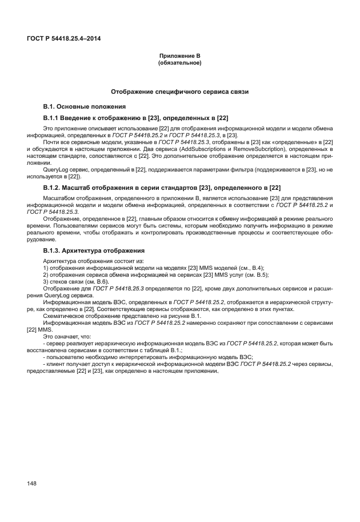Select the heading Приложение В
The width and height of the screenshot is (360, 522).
coord(179,55)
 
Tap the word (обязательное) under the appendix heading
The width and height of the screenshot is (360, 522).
coord(179,62)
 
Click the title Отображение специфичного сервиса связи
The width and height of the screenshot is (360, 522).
coord(179,91)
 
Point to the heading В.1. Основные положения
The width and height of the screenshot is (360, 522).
coord(81,107)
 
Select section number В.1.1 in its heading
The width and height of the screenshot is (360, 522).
coord(53,118)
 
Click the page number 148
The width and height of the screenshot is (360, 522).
coord(32,484)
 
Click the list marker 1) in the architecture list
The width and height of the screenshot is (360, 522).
coord(46,268)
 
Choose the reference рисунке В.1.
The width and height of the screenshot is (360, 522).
coord(183,316)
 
